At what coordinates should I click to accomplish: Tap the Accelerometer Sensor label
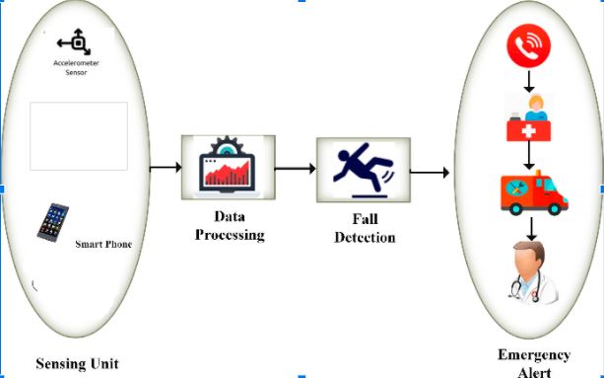click(75, 67)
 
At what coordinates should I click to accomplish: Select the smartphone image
click(52, 222)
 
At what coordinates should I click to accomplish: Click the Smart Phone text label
click(103, 242)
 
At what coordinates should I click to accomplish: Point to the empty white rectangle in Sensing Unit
click(78, 136)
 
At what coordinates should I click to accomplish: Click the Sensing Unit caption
click(77, 363)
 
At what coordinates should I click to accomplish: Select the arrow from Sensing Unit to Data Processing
click(165, 169)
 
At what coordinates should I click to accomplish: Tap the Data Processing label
click(230, 227)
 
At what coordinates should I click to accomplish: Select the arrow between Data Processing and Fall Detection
click(295, 169)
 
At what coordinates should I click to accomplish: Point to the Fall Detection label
click(364, 230)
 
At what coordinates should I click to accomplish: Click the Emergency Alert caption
click(534, 362)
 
